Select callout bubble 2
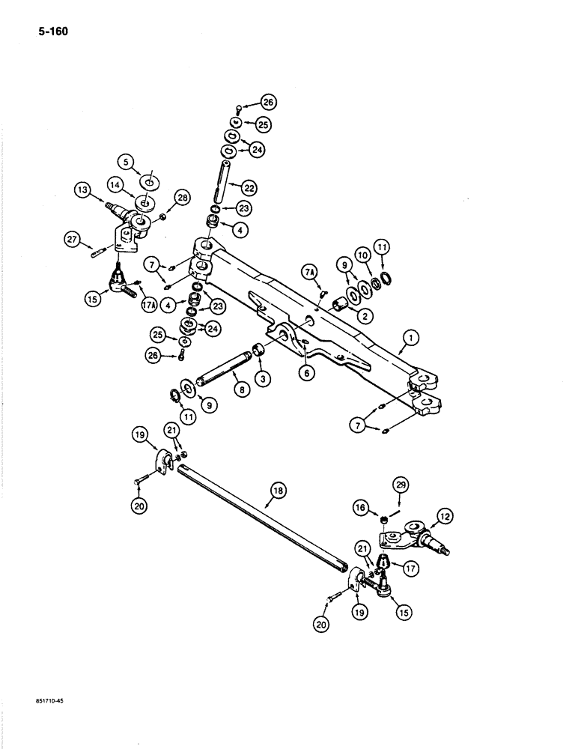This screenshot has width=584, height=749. (365, 317)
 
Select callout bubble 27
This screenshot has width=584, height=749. (72, 240)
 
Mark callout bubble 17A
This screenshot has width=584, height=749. (147, 305)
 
